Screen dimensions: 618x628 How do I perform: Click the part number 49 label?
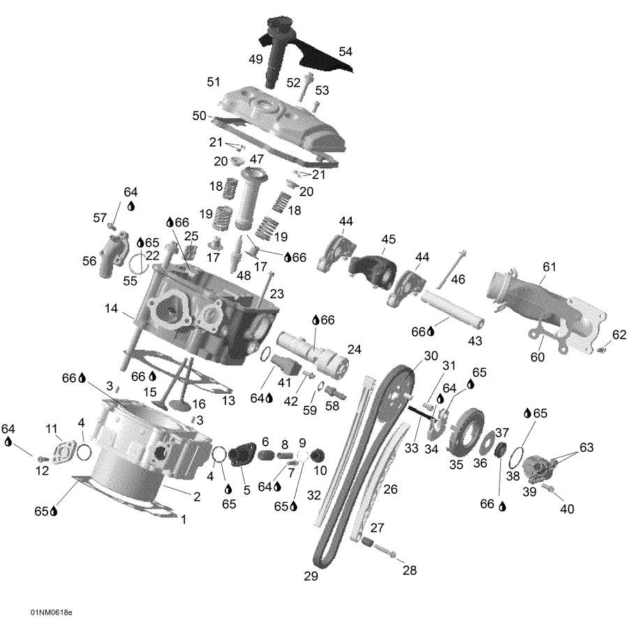(255, 59)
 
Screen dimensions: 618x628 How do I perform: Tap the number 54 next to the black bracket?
(345, 52)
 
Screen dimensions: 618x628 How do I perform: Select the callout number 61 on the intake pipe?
(550, 266)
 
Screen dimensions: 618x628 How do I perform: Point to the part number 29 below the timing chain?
(311, 576)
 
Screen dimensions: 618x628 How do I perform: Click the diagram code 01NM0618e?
(51, 612)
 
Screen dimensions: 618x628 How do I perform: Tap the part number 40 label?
(567, 509)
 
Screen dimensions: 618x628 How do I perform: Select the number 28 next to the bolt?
(410, 570)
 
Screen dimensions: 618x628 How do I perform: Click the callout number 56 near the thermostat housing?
(89, 260)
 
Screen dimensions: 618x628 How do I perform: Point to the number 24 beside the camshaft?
(354, 349)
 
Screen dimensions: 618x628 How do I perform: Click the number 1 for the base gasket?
(184, 520)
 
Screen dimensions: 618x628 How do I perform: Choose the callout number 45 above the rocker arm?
(389, 240)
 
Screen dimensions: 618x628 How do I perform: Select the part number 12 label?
(43, 471)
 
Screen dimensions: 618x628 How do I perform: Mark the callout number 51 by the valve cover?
(213, 82)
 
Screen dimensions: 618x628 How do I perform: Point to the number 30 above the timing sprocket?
(431, 355)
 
